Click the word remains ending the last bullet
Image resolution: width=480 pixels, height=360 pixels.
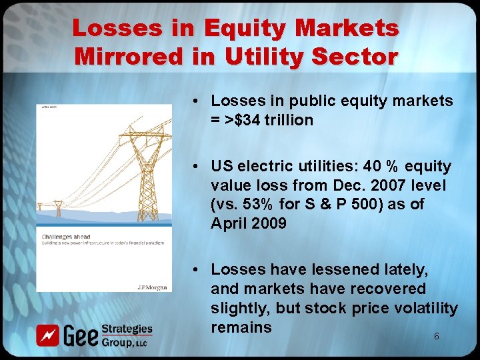(241, 327)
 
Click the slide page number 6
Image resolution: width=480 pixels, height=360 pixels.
(436, 337)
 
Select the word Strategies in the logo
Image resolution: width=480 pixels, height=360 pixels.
(127, 329)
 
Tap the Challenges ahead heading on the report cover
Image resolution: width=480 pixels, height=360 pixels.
(67, 236)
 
